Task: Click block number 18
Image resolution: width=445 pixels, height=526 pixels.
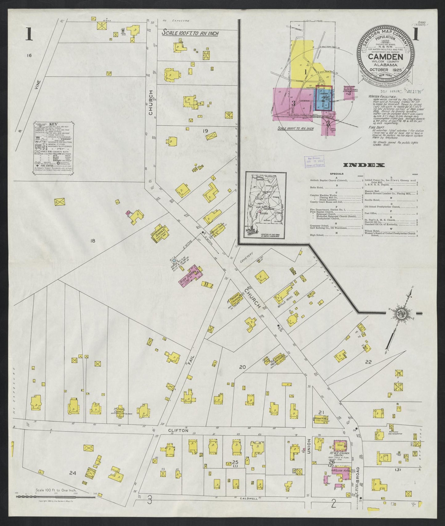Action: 92,241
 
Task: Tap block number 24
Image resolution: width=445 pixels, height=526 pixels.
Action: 72,482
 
